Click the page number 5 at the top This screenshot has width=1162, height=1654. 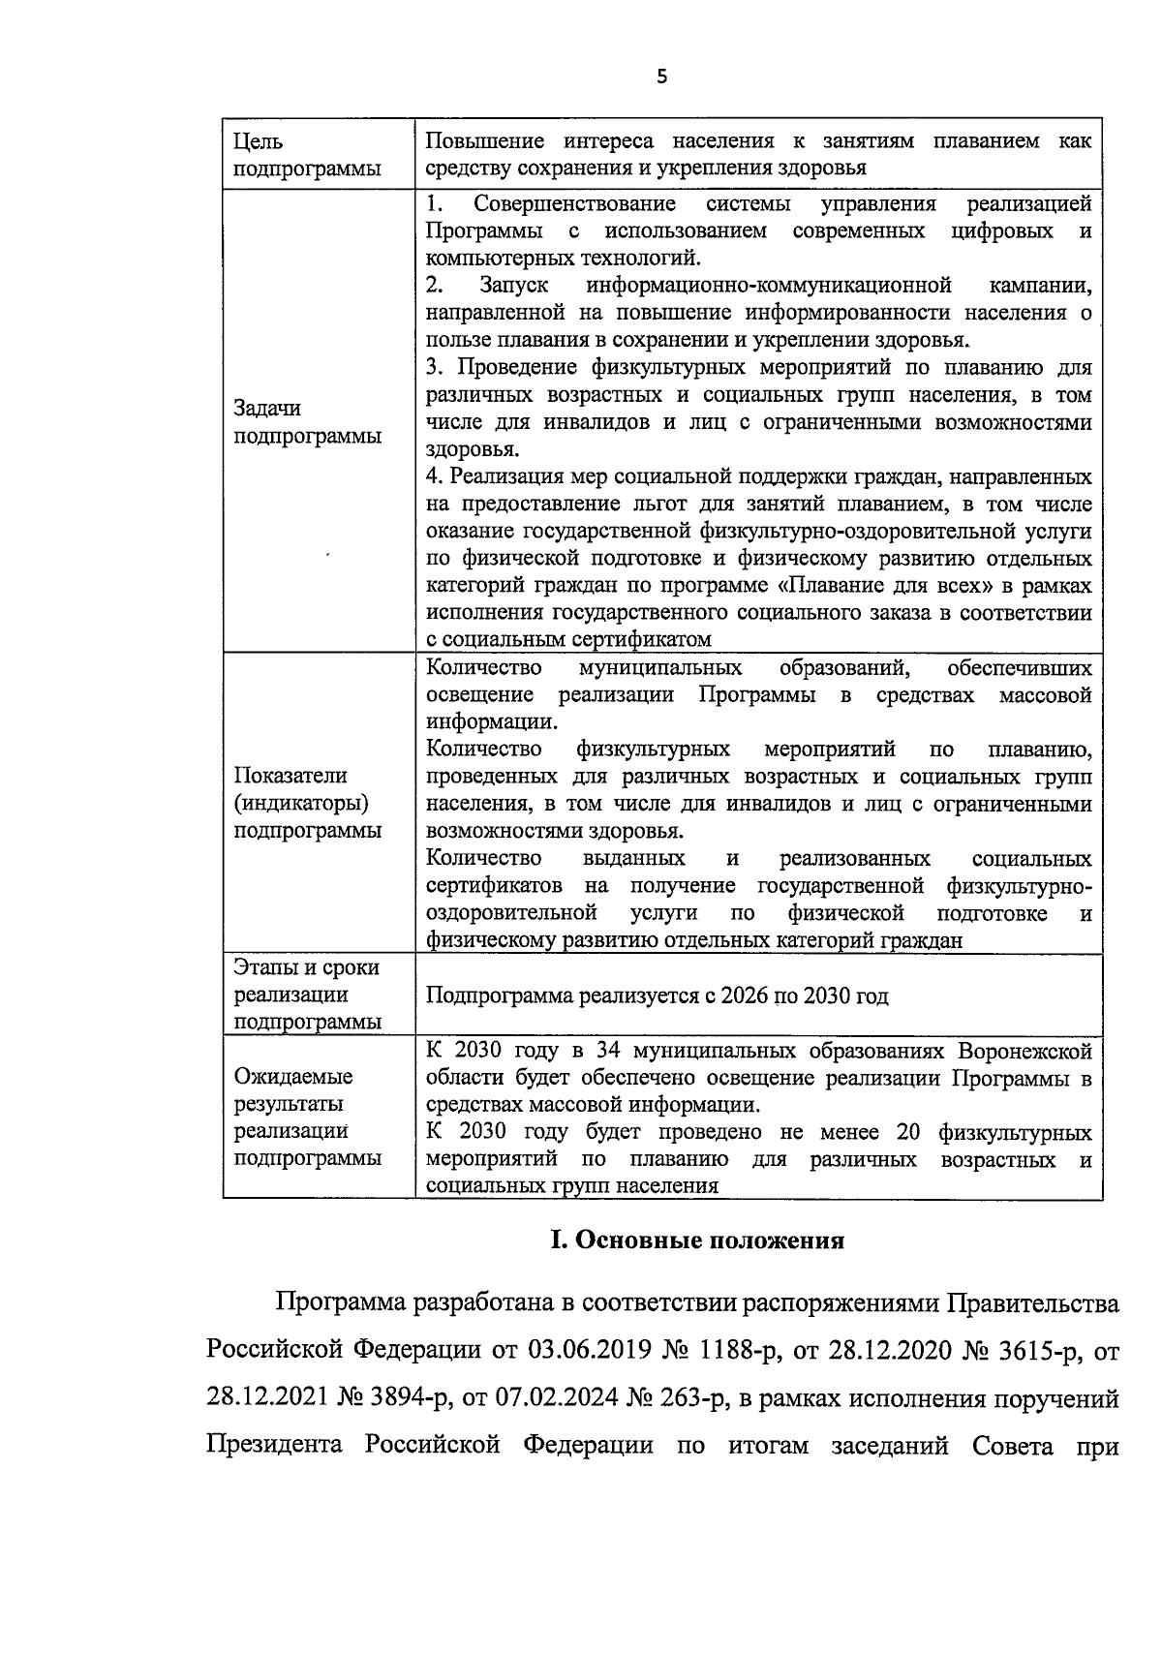[x=661, y=78]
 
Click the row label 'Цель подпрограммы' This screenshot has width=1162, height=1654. [x=306, y=155]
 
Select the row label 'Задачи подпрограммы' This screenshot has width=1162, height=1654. [x=306, y=422]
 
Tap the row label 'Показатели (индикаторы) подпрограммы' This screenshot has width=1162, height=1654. [x=306, y=803]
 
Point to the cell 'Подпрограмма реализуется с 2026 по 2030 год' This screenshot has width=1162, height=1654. [x=657, y=995]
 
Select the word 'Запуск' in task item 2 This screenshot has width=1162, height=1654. [x=513, y=286]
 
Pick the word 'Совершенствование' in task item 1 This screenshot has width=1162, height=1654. [x=574, y=204]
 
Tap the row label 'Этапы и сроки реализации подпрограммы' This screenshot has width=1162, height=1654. [x=306, y=995]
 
